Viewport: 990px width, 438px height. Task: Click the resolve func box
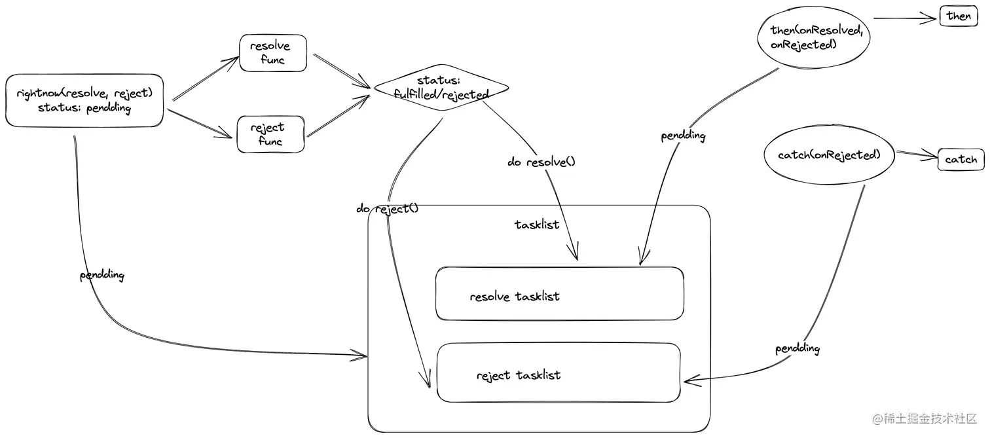[x=273, y=53]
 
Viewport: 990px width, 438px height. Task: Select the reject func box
[x=270, y=134]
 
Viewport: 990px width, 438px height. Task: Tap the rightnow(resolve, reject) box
[x=84, y=100]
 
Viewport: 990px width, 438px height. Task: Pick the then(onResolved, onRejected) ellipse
[x=813, y=38]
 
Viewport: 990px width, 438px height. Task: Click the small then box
[x=959, y=16]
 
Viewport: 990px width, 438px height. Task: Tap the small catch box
[x=961, y=159]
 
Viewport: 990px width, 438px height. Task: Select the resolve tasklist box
[x=560, y=294]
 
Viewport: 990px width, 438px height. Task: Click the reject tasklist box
[x=559, y=373]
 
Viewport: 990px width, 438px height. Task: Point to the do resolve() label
[x=541, y=161]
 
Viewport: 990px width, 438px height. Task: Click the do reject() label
[x=387, y=209]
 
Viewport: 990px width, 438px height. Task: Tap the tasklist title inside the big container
[x=537, y=225]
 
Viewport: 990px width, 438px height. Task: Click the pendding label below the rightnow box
[x=102, y=275]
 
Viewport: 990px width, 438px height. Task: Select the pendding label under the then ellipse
[x=683, y=136]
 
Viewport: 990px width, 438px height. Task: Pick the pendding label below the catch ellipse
[x=797, y=348]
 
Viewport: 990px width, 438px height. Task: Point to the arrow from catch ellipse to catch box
[x=916, y=155]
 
